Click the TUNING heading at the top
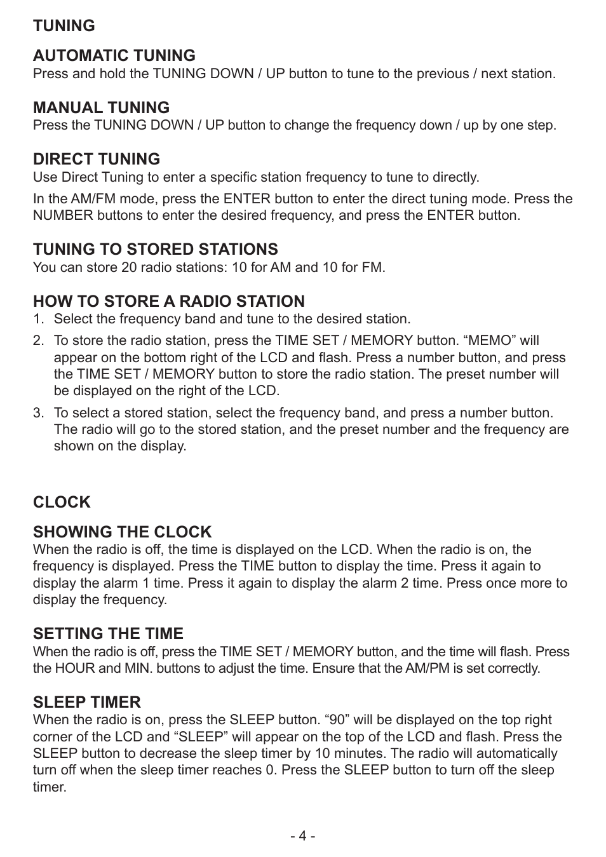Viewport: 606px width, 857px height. (64, 25)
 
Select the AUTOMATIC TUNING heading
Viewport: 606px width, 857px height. (114, 55)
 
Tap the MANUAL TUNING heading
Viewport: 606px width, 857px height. (101, 107)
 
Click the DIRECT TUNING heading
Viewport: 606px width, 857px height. (96, 159)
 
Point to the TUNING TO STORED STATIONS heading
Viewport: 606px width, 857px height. (155, 249)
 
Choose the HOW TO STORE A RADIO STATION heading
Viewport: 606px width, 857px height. (168, 301)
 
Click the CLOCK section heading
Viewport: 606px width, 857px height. (62, 502)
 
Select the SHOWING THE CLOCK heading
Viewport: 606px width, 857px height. (122, 532)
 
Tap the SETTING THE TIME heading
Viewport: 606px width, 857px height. (108, 633)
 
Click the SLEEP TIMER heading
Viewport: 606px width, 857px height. (86, 702)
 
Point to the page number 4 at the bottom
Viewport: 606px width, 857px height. (303, 836)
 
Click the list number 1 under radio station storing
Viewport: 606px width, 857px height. (37, 319)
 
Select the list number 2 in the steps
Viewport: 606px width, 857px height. (37, 341)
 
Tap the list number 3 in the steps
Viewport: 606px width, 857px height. (37, 413)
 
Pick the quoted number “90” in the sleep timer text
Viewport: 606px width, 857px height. (337, 720)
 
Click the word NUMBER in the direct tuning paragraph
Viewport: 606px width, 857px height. (63, 215)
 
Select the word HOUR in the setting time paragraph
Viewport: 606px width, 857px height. (74, 668)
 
